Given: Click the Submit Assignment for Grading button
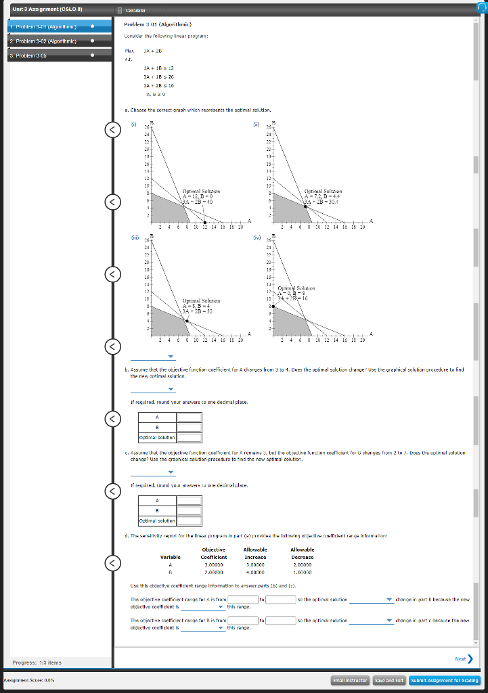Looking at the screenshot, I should pos(445,680).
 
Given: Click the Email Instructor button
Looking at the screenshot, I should pos(350,680).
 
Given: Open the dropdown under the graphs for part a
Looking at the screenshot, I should pos(152,357).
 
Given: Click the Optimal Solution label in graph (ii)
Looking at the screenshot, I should pos(323,192).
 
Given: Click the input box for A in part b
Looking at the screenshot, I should pos(190,418).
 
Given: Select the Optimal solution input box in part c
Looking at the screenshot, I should pos(190,520).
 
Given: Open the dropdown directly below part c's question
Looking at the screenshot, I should pos(152,472).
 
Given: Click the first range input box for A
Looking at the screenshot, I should pos(242,600).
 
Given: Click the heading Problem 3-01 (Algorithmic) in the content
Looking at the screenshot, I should pos(153,24).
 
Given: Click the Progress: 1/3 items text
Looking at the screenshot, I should pos(37,663).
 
